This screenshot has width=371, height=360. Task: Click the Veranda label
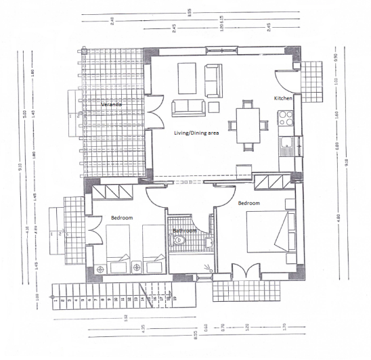point(112,105)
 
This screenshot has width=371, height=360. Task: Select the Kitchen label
point(283,99)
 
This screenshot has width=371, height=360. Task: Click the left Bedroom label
point(122,218)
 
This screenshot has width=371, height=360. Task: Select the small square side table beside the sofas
point(214,106)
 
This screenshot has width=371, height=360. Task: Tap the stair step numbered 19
point(175,298)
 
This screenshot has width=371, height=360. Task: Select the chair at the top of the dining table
point(246,104)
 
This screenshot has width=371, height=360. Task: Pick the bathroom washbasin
point(208,242)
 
